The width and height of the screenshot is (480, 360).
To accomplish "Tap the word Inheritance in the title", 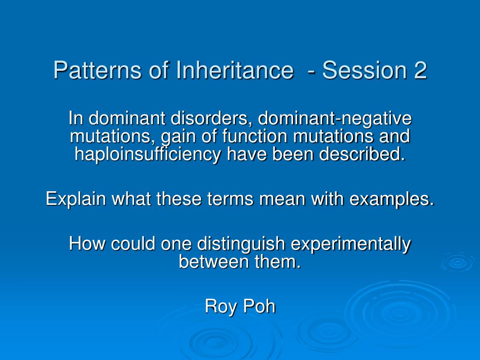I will pyautogui.click(x=233, y=71).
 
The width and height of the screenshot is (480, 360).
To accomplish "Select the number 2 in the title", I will pyautogui.click(x=420, y=71).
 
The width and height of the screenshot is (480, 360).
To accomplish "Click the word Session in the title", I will pyautogui.click(x=361, y=71).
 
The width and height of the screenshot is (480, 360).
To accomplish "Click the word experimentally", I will pyautogui.click(x=351, y=244).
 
